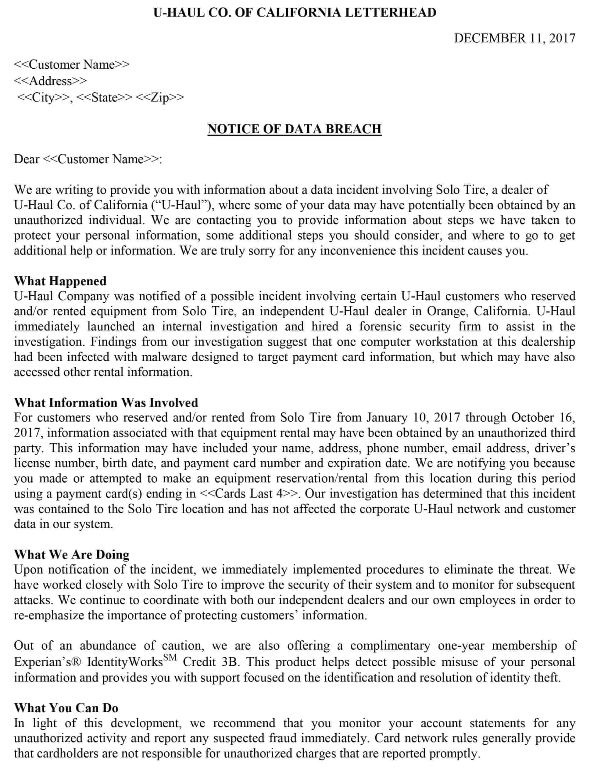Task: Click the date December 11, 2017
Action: pos(514,38)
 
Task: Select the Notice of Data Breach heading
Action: pos(295,129)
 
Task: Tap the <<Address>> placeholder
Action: pos(50,81)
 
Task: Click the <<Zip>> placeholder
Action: pos(160,97)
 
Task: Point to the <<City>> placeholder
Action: pos(43,97)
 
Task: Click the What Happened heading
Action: pos(60,281)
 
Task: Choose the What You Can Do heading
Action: pos(66,708)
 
